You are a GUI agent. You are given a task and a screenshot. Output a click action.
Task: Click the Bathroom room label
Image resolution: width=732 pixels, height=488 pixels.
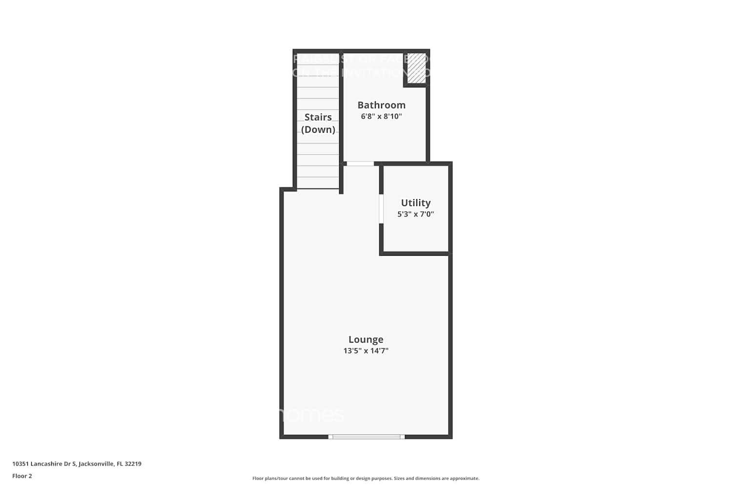(x=381, y=105)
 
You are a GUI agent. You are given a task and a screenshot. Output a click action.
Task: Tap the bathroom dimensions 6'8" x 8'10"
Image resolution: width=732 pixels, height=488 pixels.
(x=381, y=117)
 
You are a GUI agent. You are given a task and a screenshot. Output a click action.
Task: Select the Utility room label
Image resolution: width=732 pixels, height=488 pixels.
(x=415, y=203)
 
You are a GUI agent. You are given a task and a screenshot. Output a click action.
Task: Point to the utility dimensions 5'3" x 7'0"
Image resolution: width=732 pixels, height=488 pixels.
(x=415, y=214)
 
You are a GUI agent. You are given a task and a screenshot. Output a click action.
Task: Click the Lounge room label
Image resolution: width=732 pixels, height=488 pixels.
(x=366, y=339)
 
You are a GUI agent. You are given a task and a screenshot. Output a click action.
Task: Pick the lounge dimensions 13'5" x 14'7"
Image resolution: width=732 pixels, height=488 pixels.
(x=366, y=351)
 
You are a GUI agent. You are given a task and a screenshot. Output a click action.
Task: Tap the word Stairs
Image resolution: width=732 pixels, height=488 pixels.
(x=318, y=117)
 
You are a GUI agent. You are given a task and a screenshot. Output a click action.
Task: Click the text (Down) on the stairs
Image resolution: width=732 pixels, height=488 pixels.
(x=318, y=129)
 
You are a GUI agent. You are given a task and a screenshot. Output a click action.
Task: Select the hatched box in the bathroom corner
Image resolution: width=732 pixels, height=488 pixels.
(x=417, y=68)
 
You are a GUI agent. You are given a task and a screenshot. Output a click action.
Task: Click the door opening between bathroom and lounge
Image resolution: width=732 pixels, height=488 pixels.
(x=360, y=163)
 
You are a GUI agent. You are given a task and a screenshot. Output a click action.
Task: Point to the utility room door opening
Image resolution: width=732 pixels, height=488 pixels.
(x=381, y=209)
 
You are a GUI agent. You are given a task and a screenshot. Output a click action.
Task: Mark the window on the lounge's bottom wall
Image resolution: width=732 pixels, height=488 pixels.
(x=366, y=437)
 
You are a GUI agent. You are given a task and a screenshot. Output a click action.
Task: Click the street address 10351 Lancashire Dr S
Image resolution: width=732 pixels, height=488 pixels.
(x=44, y=464)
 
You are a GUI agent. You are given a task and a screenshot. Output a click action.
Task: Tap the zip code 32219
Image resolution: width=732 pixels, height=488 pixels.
(x=133, y=464)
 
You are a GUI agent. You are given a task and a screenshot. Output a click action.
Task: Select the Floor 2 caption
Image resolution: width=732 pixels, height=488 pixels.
(x=22, y=476)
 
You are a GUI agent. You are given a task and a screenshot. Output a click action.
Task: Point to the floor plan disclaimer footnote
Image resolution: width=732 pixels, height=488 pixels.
(x=366, y=478)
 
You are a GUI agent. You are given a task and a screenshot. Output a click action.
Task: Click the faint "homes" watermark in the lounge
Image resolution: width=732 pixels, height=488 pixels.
(x=312, y=415)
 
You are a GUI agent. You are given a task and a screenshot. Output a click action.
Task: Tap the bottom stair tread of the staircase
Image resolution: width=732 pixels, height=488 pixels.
(x=318, y=183)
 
